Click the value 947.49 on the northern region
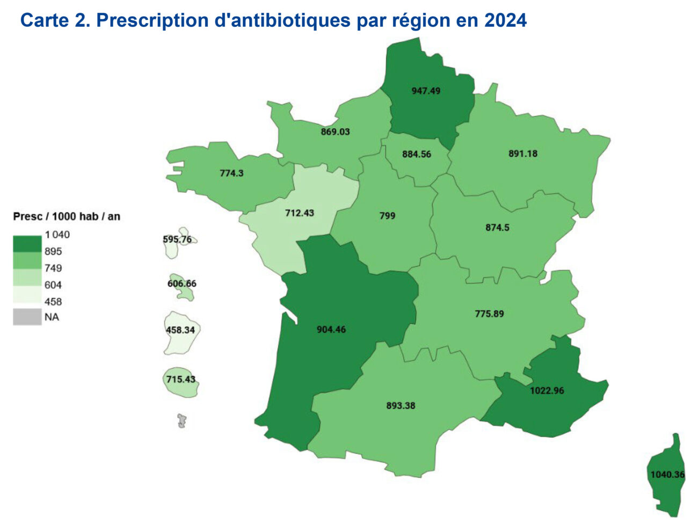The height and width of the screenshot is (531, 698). pyautogui.click(x=426, y=91)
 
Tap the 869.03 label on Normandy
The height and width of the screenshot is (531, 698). pyautogui.click(x=335, y=132)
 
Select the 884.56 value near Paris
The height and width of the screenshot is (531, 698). pyautogui.click(x=417, y=154)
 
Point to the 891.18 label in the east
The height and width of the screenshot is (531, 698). pyautogui.click(x=522, y=154)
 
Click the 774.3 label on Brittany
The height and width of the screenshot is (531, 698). pyautogui.click(x=231, y=173)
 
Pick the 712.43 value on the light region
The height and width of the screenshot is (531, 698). pyautogui.click(x=299, y=213)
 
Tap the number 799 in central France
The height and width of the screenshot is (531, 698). pyautogui.click(x=387, y=216)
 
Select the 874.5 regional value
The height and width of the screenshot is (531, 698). pyautogui.click(x=497, y=228)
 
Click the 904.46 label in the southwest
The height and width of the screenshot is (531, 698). pyautogui.click(x=331, y=329)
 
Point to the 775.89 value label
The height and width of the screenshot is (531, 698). pyautogui.click(x=489, y=314)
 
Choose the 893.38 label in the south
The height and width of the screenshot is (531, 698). pyautogui.click(x=401, y=405)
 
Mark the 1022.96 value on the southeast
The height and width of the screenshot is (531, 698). pyautogui.click(x=547, y=390)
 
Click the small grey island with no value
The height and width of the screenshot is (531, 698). pyautogui.click(x=182, y=420)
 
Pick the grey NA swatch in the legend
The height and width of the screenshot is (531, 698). pyautogui.click(x=27, y=317)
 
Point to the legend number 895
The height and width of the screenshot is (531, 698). pyautogui.click(x=53, y=251)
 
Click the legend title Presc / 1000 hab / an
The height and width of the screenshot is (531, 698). pyautogui.click(x=67, y=216)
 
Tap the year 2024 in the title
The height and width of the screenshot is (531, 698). pyautogui.click(x=505, y=20)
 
